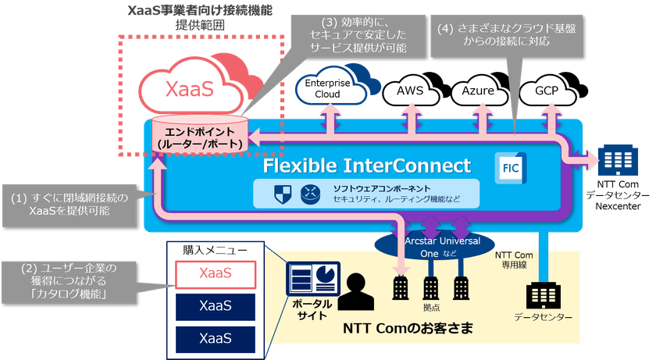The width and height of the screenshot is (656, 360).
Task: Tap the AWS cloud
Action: (x=409, y=91)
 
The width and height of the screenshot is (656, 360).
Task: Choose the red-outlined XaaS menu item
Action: (x=214, y=273)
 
